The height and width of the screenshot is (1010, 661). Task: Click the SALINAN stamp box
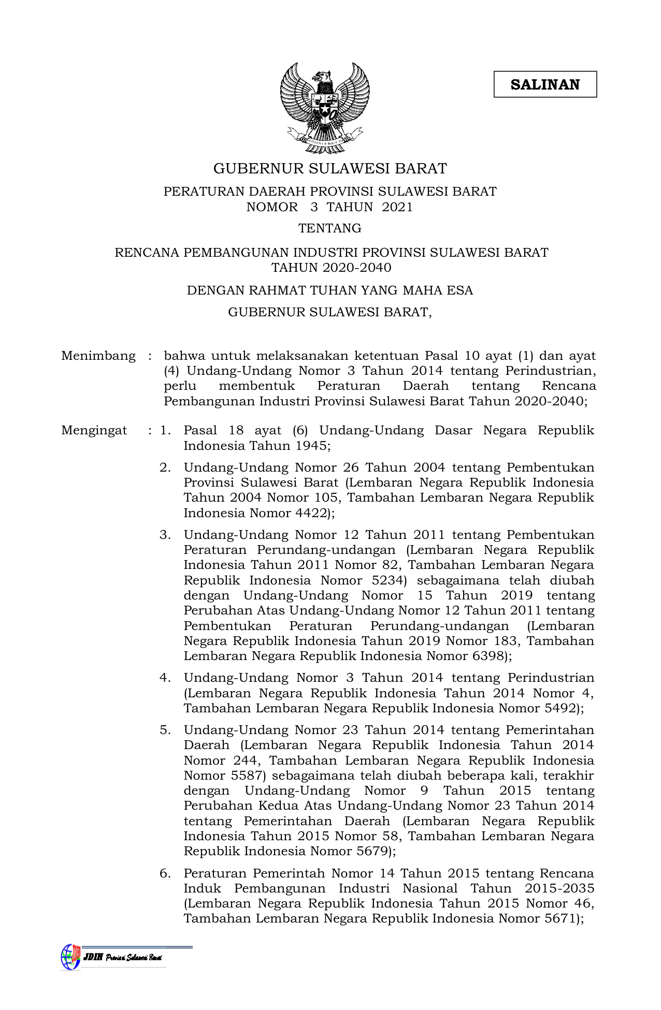545,84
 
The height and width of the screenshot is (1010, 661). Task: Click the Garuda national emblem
325,108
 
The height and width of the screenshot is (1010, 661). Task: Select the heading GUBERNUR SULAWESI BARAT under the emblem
330,169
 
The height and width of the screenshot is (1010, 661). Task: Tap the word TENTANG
330,228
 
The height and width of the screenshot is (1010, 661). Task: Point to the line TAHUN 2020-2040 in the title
331,268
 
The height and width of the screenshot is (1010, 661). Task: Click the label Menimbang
98,356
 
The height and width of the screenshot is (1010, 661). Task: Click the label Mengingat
94,431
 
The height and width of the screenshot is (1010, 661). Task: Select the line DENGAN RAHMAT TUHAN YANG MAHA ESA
330,290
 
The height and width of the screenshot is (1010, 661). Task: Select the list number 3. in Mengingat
165,535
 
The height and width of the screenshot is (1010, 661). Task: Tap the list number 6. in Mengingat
165,873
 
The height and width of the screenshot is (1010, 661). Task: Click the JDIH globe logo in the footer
70,957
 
